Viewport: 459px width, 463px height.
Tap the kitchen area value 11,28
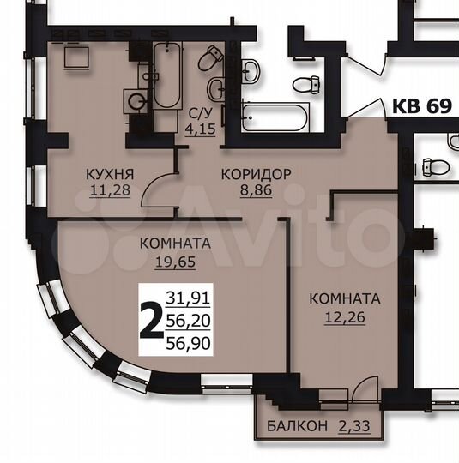click(x=109, y=191)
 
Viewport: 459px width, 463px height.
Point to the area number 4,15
click(x=201, y=132)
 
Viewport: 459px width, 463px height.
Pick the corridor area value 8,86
click(x=256, y=191)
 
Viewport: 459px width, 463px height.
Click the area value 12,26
click(x=343, y=317)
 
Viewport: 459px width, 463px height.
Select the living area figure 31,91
click(x=193, y=298)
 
